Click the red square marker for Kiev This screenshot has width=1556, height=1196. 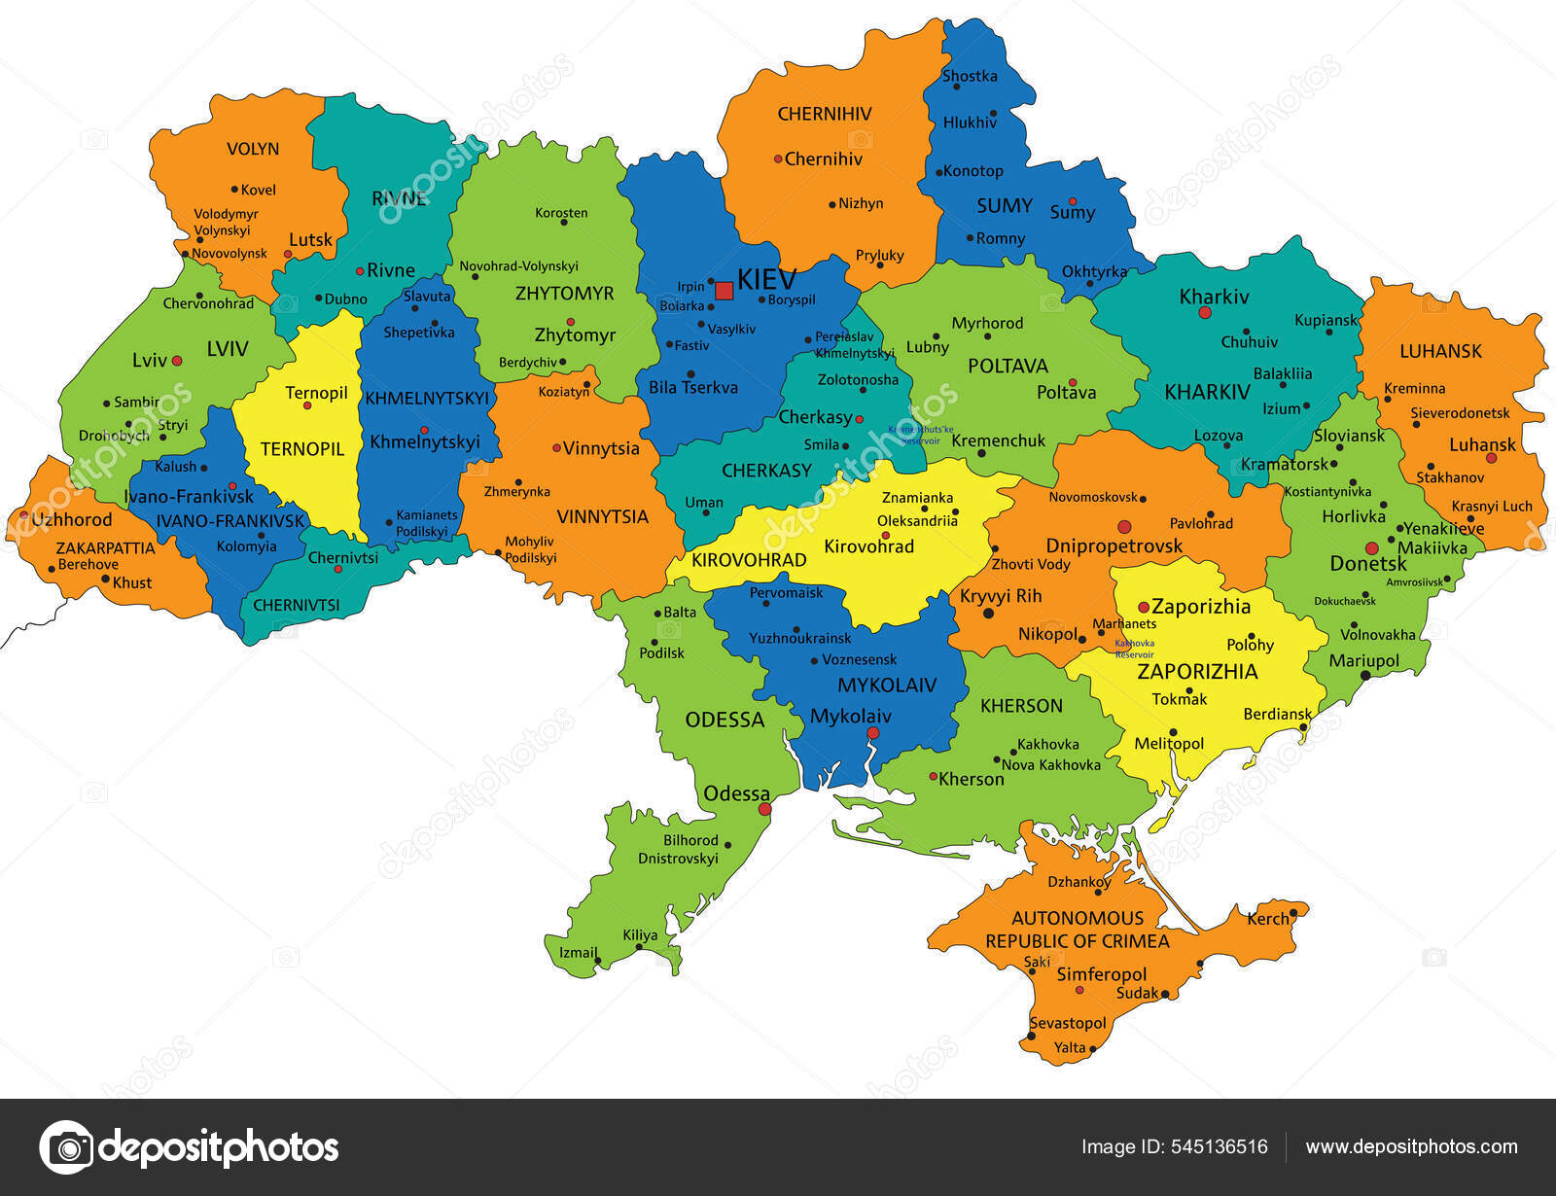click(724, 290)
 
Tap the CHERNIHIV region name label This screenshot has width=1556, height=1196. click(825, 114)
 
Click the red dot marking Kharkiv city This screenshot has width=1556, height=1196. click(1205, 313)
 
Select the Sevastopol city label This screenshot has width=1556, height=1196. click(1068, 1023)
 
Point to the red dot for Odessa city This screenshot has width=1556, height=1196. click(764, 809)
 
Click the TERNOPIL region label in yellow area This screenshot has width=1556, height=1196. click(302, 449)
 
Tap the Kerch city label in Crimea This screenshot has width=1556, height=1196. click(1267, 918)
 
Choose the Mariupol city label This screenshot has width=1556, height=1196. click(1364, 661)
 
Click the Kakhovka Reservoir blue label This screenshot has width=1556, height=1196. click(1134, 649)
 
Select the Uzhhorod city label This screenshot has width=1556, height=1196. click(71, 519)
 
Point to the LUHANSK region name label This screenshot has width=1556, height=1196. click(1440, 351)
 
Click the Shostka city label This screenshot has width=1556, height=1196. click(970, 76)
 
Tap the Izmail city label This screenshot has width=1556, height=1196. click(578, 952)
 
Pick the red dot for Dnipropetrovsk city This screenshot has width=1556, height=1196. click(1124, 527)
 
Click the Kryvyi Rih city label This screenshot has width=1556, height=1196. click(1001, 596)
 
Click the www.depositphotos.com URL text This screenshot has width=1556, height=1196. click(1411, 1147)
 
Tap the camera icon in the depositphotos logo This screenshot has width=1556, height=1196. click(66, 1147)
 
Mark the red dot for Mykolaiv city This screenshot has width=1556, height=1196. click(872, 733)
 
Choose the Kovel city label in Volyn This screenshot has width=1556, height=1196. click(259, 190)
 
